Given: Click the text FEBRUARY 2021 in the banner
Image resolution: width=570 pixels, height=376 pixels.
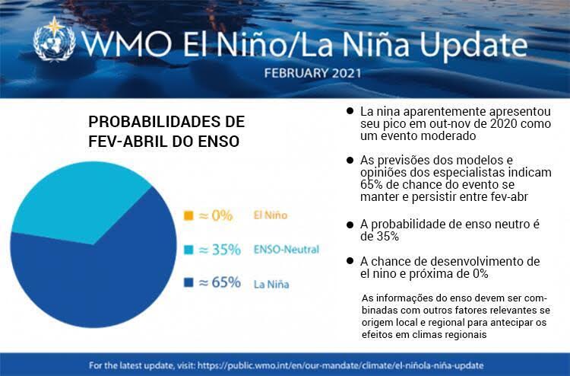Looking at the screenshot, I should (312, 74).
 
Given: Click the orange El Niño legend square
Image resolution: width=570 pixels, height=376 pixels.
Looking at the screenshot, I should (188, 215).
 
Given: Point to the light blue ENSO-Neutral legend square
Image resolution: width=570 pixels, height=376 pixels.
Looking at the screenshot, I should (188, 250).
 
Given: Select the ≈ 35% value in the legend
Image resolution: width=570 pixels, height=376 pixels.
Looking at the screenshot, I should (220, 250).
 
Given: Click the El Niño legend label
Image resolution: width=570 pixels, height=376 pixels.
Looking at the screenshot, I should (271, 215).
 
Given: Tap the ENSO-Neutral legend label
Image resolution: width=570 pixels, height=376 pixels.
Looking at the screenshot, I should (286, 250).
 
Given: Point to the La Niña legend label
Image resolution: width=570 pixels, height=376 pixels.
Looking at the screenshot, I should (271, 285).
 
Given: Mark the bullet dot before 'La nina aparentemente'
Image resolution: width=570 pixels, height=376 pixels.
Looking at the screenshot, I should (350, 111).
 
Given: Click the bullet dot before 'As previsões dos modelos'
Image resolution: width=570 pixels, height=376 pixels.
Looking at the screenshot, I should (350, 161).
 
